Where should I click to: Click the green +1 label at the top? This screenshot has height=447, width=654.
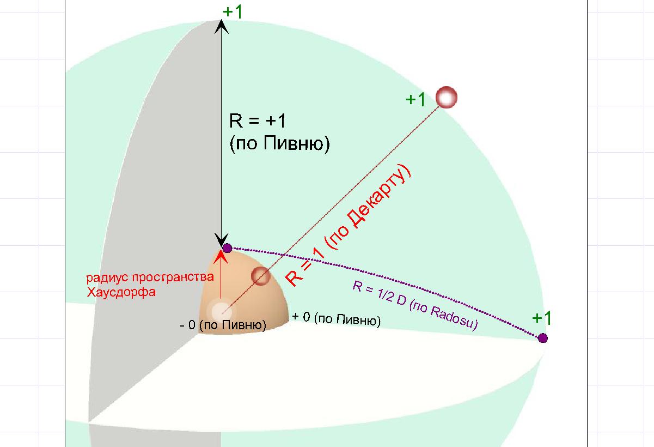coord(233,13)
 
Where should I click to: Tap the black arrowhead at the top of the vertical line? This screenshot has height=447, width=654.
coord(221,27)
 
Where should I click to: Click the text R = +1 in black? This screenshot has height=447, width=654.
coord(257,120)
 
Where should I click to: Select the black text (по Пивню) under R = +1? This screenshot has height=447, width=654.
coord(280,144)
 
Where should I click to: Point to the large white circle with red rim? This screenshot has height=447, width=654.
coord(447,97)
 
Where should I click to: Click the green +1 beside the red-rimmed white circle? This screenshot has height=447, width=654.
coord(415,100)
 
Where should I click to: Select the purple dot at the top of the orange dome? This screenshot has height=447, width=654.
coord(227,248)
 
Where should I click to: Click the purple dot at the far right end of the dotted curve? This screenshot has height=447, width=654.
coord(543,338)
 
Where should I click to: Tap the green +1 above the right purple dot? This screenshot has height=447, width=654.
coord(542,318)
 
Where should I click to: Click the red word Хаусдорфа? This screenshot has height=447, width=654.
coord(121,292)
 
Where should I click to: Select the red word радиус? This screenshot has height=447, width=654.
coord(107,277)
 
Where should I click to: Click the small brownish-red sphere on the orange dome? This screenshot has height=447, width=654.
coord(261,276)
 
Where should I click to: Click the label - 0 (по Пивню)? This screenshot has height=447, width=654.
coord(223,325)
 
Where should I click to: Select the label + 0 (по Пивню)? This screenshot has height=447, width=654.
coord(337,319)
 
